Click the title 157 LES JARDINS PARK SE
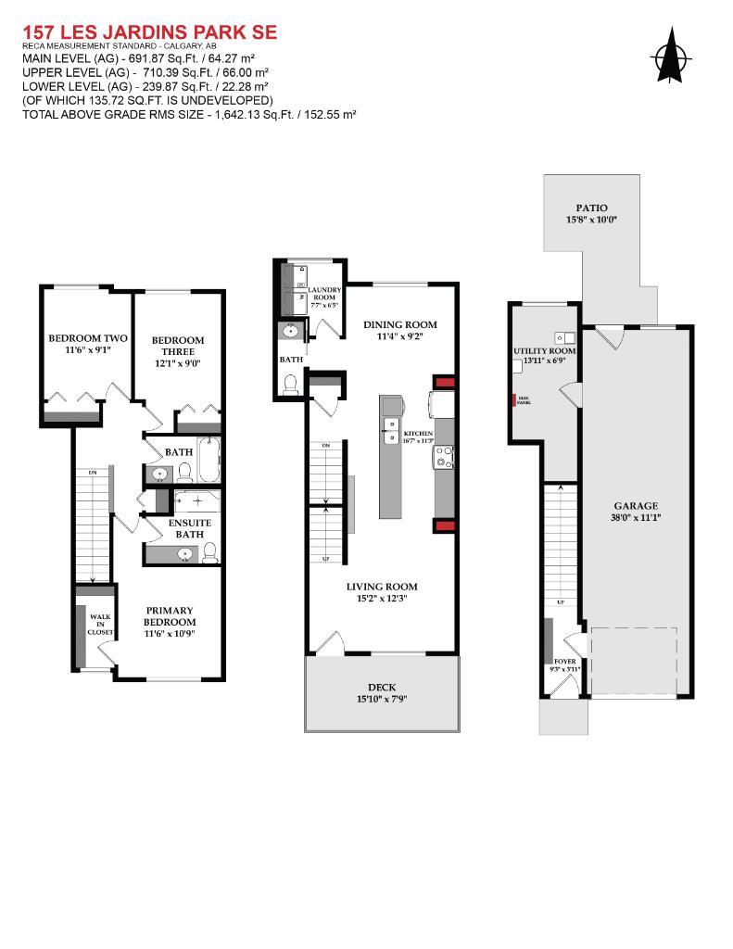click(x=150, y=32)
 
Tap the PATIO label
click(x=591, y=209)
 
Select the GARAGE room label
click(x=636, y=506)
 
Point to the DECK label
click(x=382, y=687)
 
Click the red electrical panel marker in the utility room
click(x=512, y=402)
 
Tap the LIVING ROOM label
click(x=382, y=587)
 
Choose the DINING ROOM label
click(x=399, y=324)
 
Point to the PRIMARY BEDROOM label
click(x=170, y=615)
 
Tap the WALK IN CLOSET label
click(x=100, y=624)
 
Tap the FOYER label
click(x=565, y=662)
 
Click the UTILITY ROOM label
click(x=545, y=351)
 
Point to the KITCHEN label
click(x=418, y=434)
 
